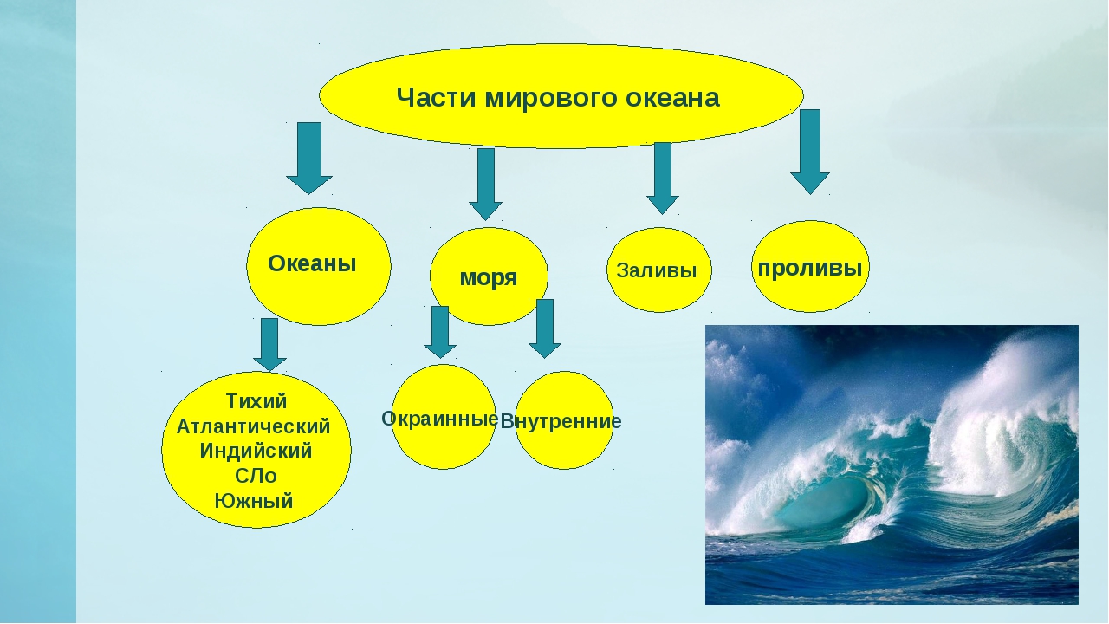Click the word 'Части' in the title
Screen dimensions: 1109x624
[x=437, y=98]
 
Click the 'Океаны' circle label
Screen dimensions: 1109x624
[x=312, y=263]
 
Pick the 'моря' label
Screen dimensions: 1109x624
[x=489, y=278]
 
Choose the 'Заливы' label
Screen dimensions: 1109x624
[x=657, y=270]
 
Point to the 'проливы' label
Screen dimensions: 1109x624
[x=810, y=269]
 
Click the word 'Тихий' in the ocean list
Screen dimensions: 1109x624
[x=256, y=401]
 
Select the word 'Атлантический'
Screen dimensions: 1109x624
[x=254, y=426]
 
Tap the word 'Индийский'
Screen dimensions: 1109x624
[x=256, y=452]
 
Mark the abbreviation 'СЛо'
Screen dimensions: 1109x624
[x=256, y=476]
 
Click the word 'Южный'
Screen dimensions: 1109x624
[x=254, y=501]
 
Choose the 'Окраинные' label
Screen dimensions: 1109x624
[x=439, y=419]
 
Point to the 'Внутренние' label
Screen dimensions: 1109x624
[x=561, y=421]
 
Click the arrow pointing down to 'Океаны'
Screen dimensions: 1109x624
[x=309, y=158]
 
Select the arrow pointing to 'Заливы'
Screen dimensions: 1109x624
[x=663, y=179]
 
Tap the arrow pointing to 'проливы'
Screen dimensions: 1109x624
[x=810, y=152]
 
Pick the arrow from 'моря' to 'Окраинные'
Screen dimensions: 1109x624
[x=440, y=332]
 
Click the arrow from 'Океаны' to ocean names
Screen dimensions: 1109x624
[x=269, y=345]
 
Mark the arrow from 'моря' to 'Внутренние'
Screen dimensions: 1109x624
[x=545, y=328]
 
